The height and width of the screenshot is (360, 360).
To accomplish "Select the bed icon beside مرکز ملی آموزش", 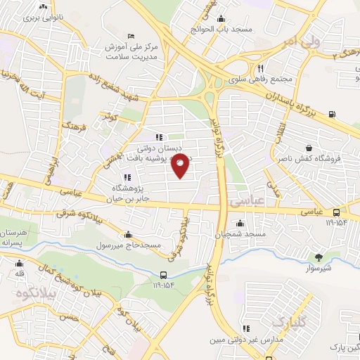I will [130, 36].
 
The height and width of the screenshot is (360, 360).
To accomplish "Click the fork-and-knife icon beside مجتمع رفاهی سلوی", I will [260, 69].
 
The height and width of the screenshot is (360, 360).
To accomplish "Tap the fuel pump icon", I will [332, 115].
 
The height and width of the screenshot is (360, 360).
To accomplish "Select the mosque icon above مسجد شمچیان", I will [240, 224].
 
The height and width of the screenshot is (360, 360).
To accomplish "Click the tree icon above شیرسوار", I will [319, 257].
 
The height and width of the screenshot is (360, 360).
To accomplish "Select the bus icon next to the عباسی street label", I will [337, 212].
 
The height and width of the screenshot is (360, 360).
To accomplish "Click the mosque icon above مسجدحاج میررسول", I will [128, 236].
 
